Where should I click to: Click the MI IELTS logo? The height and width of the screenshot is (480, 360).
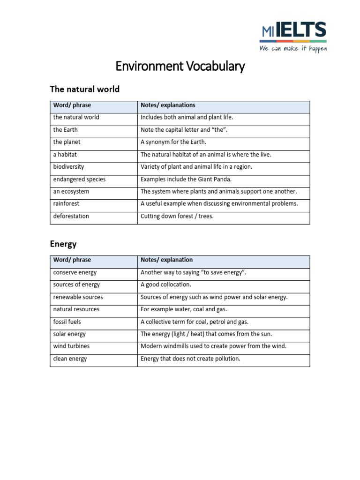point(293,31)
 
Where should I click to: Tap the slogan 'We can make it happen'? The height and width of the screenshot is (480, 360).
point(293,49)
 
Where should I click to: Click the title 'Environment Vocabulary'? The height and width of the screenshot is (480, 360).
point(180,67)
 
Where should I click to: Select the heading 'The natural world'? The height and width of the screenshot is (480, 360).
point(85,89)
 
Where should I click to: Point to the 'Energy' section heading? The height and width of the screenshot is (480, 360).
point(63,244)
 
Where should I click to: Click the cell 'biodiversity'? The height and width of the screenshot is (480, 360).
point(68,167)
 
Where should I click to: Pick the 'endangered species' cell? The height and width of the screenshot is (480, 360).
point(79,179)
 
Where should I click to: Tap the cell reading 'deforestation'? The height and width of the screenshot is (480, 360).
point(71,217)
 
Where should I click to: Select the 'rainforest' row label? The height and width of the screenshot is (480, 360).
point(66,204)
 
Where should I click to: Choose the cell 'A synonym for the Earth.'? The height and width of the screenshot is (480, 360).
point(173,142)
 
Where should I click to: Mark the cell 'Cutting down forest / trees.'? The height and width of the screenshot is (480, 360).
point(177,217)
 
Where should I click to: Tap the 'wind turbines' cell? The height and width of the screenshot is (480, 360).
point(71,346)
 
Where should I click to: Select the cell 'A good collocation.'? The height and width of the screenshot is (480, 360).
point(166,285)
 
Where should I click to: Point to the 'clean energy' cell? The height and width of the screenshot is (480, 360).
point(70,359)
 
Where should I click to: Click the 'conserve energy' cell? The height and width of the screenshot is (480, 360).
point(75,272)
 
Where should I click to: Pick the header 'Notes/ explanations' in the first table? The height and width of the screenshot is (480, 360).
point(168,105)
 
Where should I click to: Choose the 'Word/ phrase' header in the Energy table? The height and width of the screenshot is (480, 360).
point(72,260)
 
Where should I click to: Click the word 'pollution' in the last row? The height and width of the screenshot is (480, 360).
point(227,359)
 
